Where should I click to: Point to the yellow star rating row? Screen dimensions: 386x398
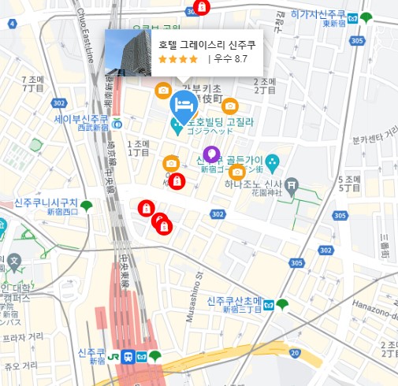tap(177, 59)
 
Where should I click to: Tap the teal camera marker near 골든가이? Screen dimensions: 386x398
tap(273, 163)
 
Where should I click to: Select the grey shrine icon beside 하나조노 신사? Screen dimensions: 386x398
tap(292, 187)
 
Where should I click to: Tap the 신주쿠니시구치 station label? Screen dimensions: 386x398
tap(45, 203)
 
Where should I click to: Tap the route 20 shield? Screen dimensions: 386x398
tap(293, 352)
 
